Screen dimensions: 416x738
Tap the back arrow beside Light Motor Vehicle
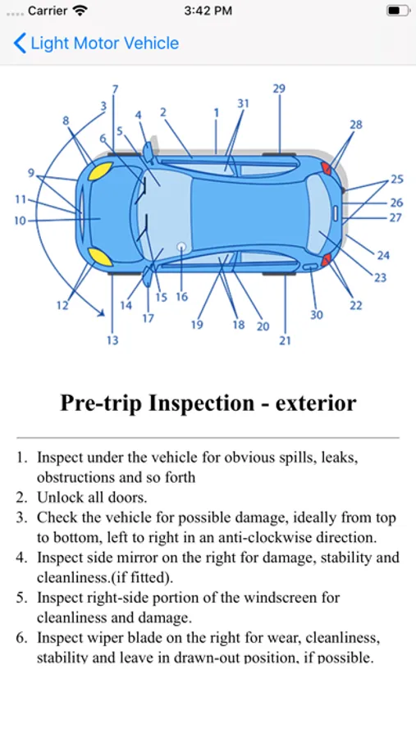pyautogui.click(x=20, y=43)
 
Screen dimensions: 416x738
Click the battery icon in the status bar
pyautogui.click(x=398, y=11)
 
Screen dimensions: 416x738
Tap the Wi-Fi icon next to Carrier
pyautogui.click(x=80, y=11)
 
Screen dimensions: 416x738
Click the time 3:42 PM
pyautogui.click(x=208, y=11)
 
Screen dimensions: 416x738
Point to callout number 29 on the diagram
pyautogui.click(x=279, y=88)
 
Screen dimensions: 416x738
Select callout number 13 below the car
pyautogui.click(x=112, y=339)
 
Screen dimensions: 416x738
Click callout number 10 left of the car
pyautogui.click(x=20, y=221)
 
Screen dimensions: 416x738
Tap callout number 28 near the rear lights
pyautogui.click(x=356, y=125)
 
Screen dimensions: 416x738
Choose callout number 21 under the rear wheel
pyautogui.click(x=285, y=340)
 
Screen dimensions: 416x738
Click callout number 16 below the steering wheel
pyautogui.click(x=182, y=297)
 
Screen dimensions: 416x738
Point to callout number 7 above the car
pyautogui.click(x=115, y=89)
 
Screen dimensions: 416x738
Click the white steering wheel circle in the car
pyautogui.click(x=181, y=246)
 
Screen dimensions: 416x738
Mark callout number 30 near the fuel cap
pyautogui.click(x=316, y=314)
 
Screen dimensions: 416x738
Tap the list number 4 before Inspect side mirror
pyautogui.click(x=21, y=558)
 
